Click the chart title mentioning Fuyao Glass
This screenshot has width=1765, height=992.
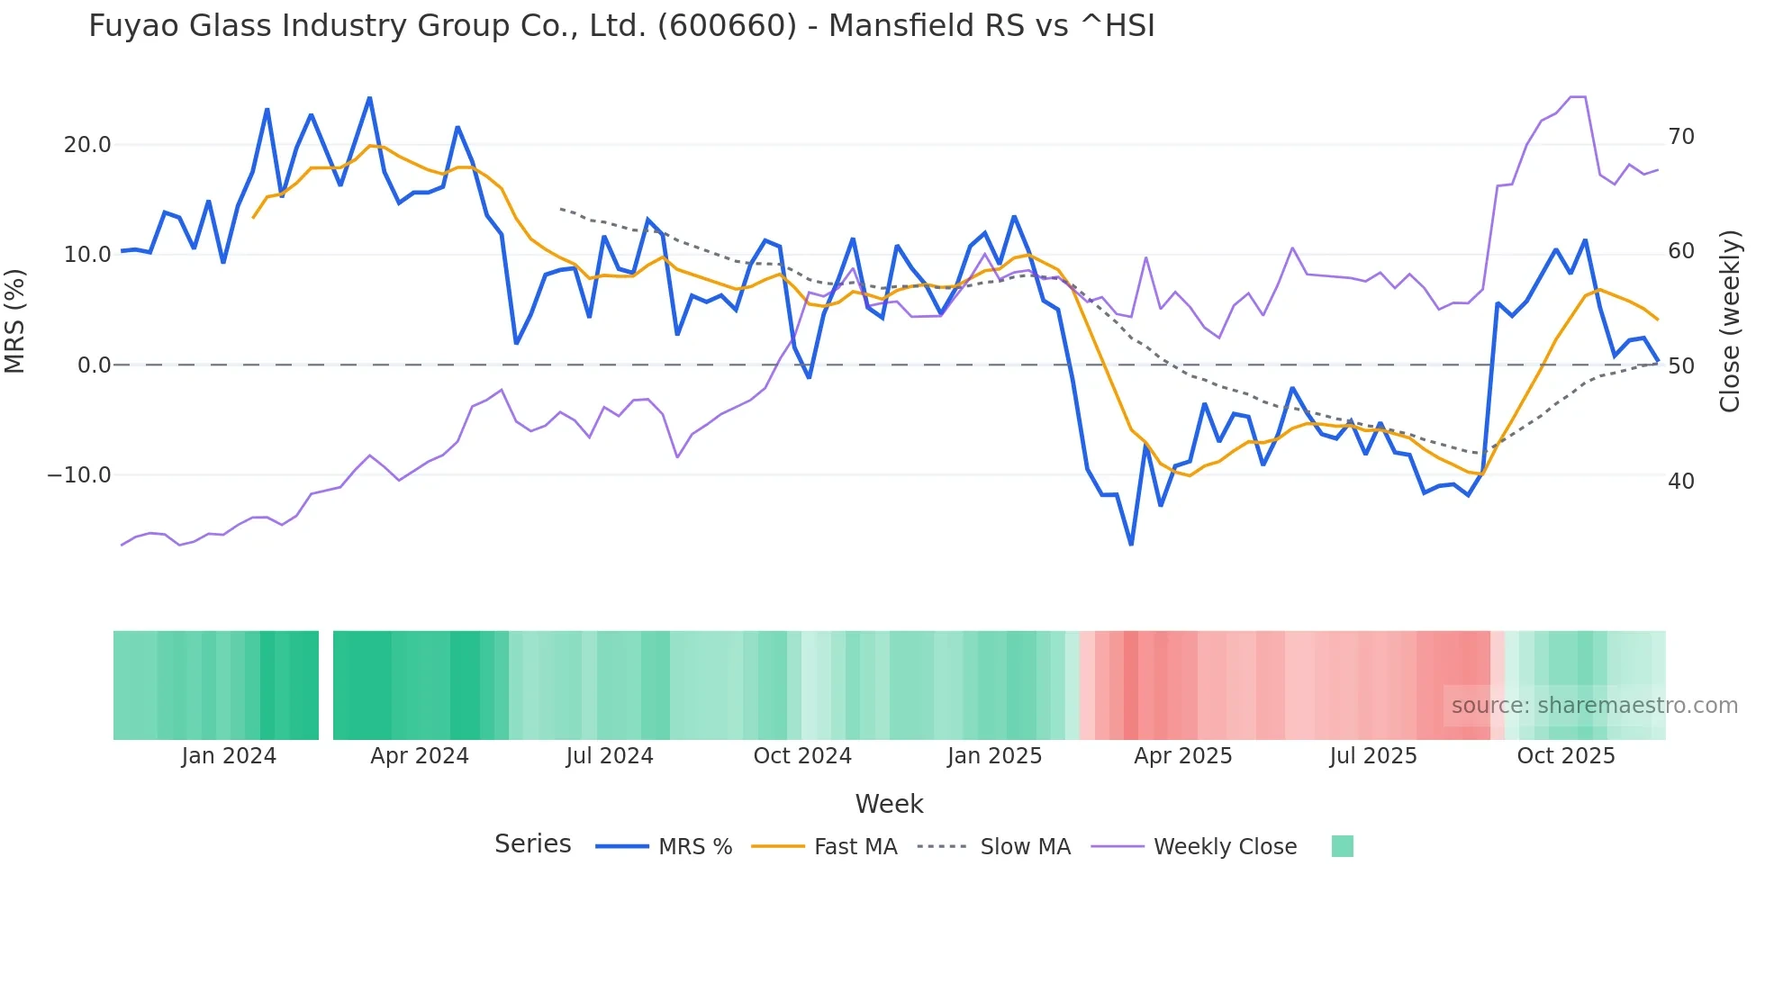pyautogui.click(x=621, y=26)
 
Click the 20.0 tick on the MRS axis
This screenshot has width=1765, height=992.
pyautogui.click(x=87, y=145)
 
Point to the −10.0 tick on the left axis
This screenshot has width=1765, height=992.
pyautogui.click(x=79, y=475)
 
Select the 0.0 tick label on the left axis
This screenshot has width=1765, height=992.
pyautogui.click(x=94, y=365)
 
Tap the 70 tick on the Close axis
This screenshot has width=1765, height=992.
pyautogui.click(x=1680, y=137)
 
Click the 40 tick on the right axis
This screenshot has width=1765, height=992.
pyautogui.click(x=1680, y=482)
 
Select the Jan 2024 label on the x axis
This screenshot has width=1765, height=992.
pyautogui.click(x=229, y=756)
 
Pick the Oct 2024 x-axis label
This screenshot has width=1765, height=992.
pyautogui.click(x=802, y=756)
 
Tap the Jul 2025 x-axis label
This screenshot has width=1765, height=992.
pyautogui.click(x=1373, y=756)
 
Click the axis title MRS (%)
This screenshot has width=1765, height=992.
pyautogui.click(x=15, y=320)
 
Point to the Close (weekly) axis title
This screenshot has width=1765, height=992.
pyautogui.click(x=1730, y=320)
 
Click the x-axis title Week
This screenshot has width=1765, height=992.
pyautogui.click(x=889, y=804)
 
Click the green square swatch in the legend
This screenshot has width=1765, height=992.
pyautogui.click(x=1342, y=846)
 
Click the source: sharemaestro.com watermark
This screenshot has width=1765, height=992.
pyautogui.click(x=1594, y=706)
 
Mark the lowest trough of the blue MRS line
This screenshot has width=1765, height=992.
pyautogui.click(x=1131, y=544)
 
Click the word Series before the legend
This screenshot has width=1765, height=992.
pyautogui.click(x=532, y=844)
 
